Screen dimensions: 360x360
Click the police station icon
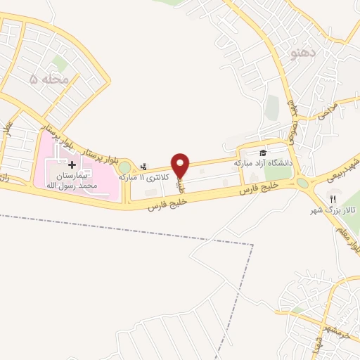[144, 167]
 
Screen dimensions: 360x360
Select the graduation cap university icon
[263, 153]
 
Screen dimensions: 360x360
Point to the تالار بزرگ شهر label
[335, 210]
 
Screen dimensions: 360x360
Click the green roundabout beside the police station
[124, 167]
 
